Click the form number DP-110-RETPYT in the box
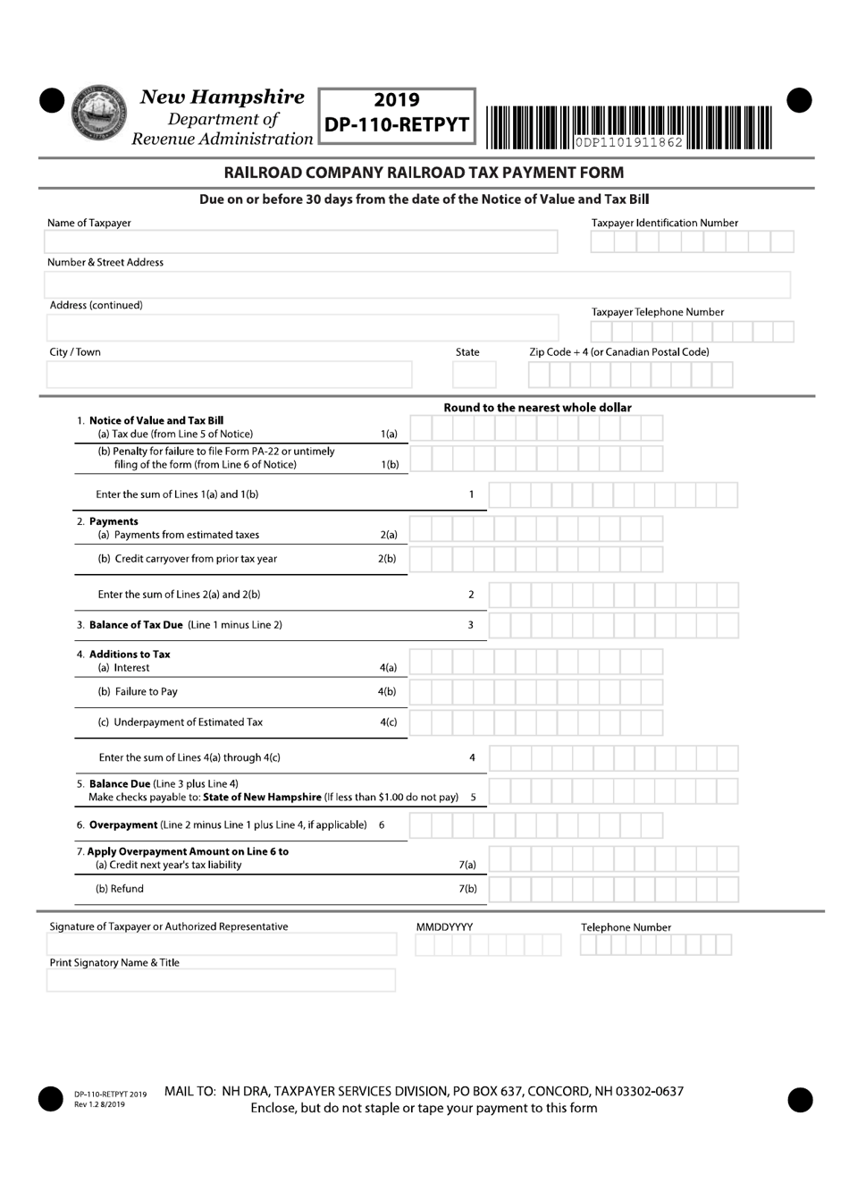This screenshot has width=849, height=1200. [x=397, y=125]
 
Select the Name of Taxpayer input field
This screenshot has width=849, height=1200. [x=300, y=241]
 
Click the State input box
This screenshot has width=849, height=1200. [x=474, y=374]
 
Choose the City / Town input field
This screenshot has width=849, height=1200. [x=229, y=374]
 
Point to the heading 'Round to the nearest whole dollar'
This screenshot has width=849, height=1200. [x=537, y=408]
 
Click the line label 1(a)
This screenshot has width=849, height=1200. [x=389, y=435]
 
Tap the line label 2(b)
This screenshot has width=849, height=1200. [x=387, y=559]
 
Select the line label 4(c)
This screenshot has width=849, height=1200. [x=388, y=723]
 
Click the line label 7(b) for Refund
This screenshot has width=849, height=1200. [x=467, y=889]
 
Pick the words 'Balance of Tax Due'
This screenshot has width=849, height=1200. [x=136, y=625]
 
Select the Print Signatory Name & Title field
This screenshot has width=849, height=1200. [x=221, y=981]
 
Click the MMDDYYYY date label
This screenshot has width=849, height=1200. [x=444, y=927]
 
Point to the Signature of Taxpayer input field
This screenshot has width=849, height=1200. [x=221, y=945]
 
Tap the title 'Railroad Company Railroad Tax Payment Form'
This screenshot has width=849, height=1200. [x=424, y=173]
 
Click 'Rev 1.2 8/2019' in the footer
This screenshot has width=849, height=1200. [x=99, y=1104]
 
